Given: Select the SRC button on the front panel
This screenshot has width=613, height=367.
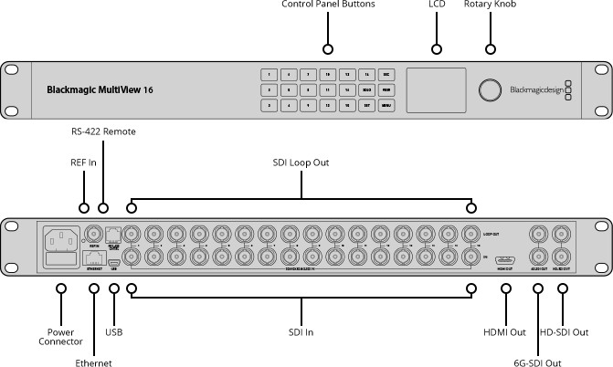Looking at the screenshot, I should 386,75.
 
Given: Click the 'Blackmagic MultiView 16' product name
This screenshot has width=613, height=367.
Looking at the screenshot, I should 100,90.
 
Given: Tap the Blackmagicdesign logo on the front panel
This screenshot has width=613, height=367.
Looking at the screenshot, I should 538,89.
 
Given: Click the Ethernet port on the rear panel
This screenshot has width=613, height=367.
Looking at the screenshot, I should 94,255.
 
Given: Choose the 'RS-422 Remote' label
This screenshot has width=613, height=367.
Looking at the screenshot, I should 103,157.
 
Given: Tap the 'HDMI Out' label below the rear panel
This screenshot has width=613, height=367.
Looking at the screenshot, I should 504,332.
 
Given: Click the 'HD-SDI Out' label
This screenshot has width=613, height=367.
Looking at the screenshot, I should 564,332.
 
